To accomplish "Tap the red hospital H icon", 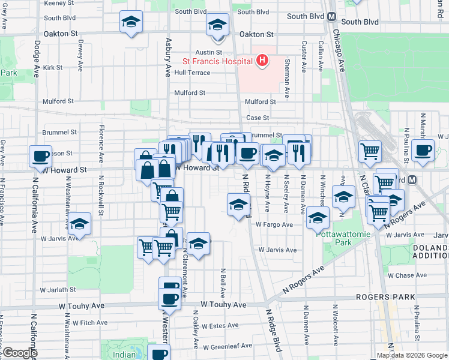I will coord(262,60).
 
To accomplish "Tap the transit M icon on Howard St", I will coord(412,179).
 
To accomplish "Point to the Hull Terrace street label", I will coord(192,73).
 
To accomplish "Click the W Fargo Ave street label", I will coord(274,224).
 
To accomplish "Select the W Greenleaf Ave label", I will coord(228,346).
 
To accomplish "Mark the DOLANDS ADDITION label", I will coord(430,251).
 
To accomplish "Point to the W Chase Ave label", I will coord(406,276).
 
